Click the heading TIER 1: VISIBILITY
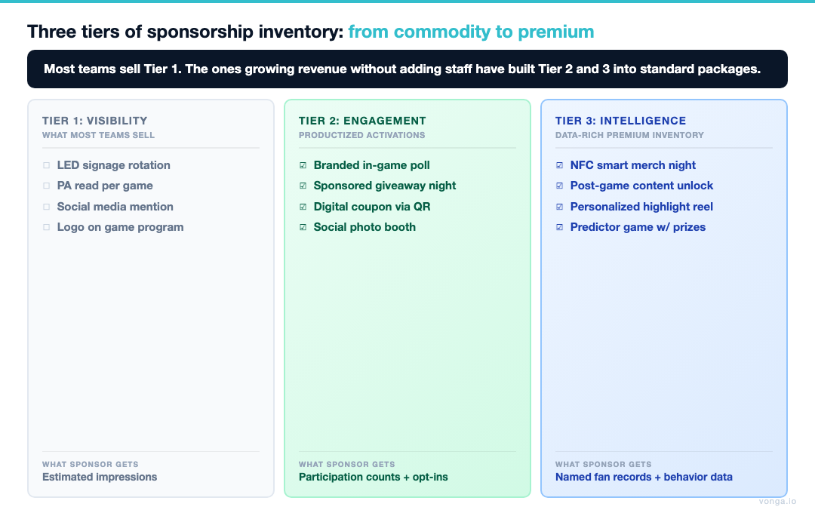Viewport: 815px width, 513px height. pyautogui.click(x=95, y=121)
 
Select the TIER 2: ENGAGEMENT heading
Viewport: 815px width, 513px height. pyautogui.click(x=362, y=121)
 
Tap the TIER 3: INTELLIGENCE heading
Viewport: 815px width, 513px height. pyautogui.click(x=620, y=121)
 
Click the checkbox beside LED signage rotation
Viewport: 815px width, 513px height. pyautogui.click(x=46, y=165)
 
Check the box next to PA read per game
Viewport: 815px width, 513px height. pyautogui.click(x=46, y=186)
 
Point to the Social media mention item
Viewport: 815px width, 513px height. pyautogui.click(x=115, y=207)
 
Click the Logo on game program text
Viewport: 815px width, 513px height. pyautogui.click(x=120, y=227)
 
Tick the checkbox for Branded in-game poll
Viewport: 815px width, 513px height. pyautogui.click(x=303, y=165)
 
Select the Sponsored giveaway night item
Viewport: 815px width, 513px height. pyautogui.click(x=385, y=186)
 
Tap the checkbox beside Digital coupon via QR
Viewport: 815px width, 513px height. pyautogui.click(x=303, y=207)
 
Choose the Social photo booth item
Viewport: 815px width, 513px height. pyautogui.click(x=364, y=227)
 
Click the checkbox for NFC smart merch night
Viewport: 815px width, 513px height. pyautogui.click(x=559, y=165)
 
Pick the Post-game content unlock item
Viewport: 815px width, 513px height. pyautogui.click(x=641, y=186)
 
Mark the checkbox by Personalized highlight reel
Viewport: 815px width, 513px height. pyautogui.click(x=559, y=207)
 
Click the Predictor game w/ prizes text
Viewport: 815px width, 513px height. pyautogui.click(x=638, y=227)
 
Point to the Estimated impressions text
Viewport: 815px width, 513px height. pyautogui.click(x=100, y=477)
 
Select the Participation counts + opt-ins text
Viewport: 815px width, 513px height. pyautogui.click(x=374, y=477)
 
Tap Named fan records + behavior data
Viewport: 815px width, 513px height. pyautogui.click(x=644, y=477)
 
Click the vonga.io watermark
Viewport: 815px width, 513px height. pyautogui.click(x=777, y=501)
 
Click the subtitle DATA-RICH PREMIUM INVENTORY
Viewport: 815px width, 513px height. pyautogui.click(x=629, y=135)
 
